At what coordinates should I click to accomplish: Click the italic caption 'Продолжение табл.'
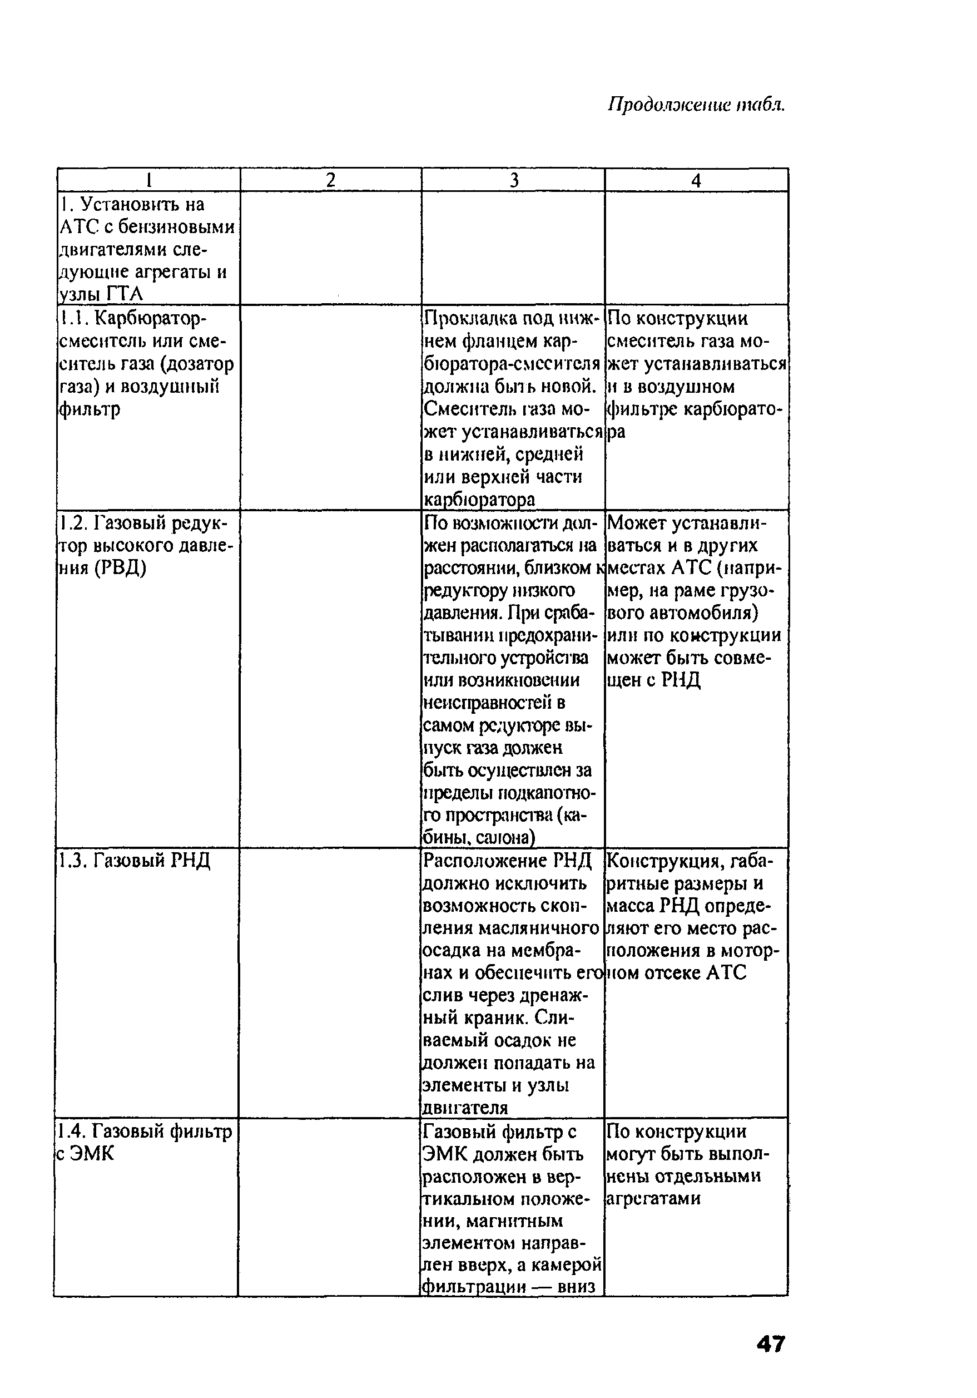coord(696,105)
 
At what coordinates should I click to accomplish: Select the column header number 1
coord(148,180)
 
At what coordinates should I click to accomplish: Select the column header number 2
coord(330,180)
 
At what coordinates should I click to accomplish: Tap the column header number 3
coord(514,180)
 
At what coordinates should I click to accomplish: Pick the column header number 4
coord(696,180)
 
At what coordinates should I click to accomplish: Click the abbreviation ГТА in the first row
coord(124,294)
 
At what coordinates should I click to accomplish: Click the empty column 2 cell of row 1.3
coord(330,980)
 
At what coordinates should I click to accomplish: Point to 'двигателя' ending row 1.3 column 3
coord(465,1108)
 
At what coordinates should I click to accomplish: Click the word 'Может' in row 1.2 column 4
coord(634,522)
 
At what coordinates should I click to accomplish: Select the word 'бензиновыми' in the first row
coord(176,227)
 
